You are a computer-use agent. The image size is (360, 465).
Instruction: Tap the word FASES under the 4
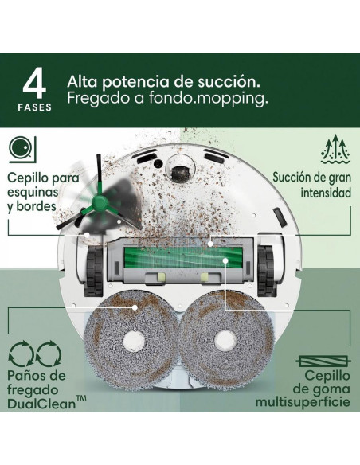[35, 107]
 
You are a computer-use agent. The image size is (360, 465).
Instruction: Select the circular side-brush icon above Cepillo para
[22, 150]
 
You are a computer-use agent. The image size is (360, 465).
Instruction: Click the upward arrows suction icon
[335, 149]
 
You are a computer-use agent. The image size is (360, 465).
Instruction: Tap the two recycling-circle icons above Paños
[35, 354]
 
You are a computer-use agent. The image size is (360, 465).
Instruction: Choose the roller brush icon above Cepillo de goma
[323, 361]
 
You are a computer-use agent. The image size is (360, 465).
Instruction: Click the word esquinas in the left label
[33, 193]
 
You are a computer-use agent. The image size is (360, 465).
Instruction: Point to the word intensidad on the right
[326, 193]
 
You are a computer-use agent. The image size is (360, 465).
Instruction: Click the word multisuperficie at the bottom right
[303, 402]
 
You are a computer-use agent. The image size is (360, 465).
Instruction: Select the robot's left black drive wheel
[94, 271]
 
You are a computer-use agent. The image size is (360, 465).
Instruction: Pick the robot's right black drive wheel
[266, 271]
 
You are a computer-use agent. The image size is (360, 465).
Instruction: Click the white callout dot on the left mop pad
[135, 307]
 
